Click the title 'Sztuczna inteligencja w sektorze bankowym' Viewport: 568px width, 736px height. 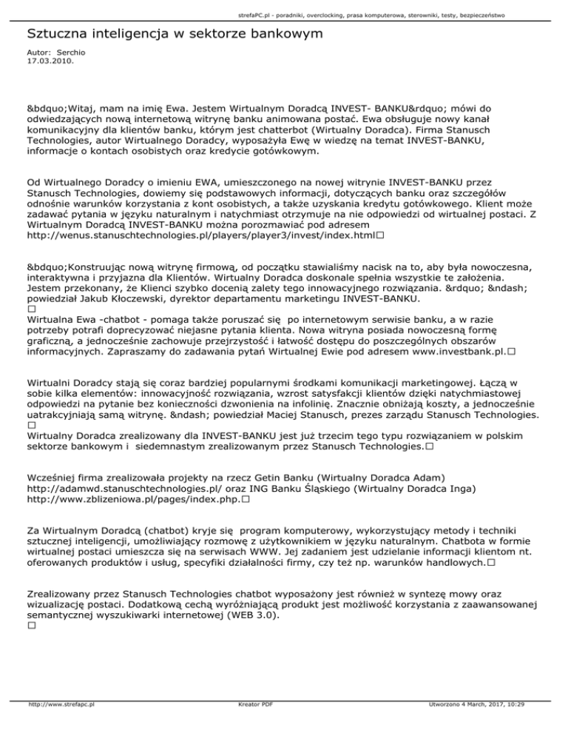pos(174,34)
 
